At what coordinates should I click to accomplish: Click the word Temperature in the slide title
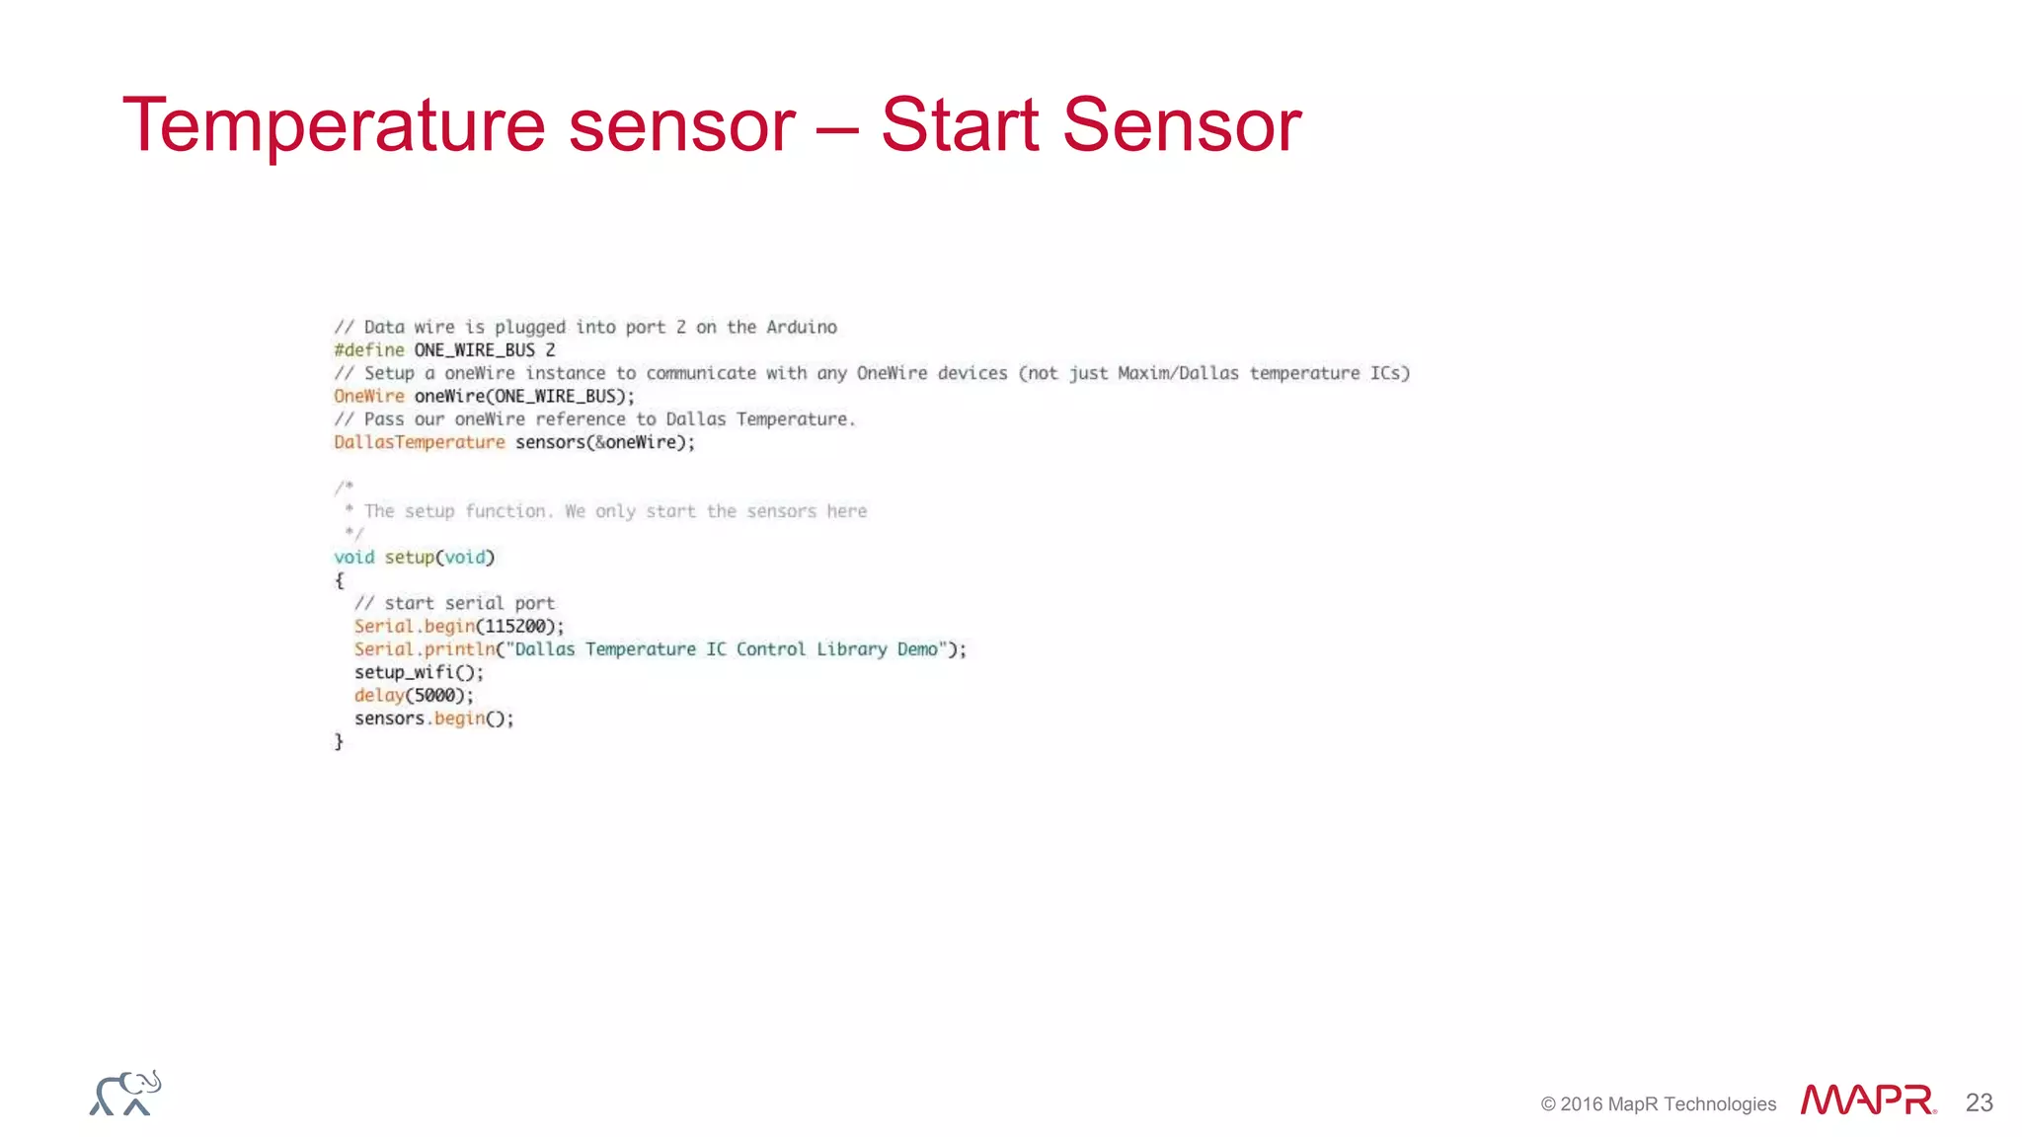(x=334, y=125)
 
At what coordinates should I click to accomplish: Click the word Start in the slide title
(x=959, y=125)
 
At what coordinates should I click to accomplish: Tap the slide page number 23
(x=1979, y=1102)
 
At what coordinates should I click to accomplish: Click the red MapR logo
(x=1867, y=1099)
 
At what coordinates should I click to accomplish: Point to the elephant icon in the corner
(x=125, y=1094)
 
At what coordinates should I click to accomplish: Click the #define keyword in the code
(x=369, y=350)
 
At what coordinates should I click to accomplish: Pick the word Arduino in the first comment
(x=802, y=327)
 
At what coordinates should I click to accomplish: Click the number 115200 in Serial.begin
(x=515, y=627)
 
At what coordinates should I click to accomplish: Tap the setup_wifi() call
(x=419, y=672)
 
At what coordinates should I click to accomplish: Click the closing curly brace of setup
(x=339, y=741)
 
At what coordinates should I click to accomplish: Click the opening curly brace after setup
(x=340, y=580)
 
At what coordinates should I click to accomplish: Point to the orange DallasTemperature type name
(x=420, y=442)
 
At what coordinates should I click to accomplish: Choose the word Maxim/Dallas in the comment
(x=1178, y=373)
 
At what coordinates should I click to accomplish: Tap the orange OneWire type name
(x=369, y=396)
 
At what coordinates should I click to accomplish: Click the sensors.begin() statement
(x=433, y=719)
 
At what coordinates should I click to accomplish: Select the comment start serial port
(x=454, y=603)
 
